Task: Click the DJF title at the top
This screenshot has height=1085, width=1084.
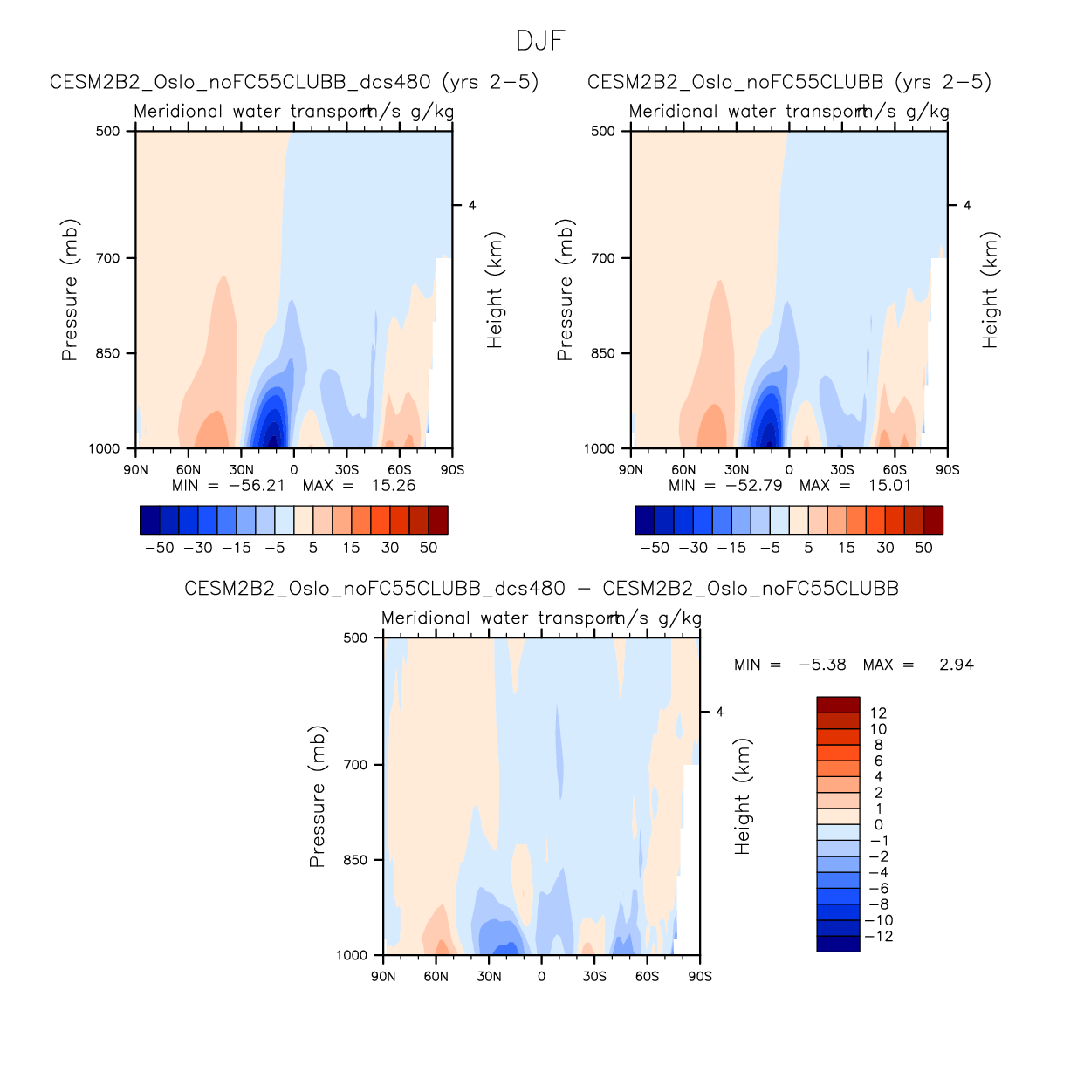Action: pyautogui.click(x=541, y=41)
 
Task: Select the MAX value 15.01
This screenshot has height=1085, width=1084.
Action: pyautogui.click(x=889, y=486)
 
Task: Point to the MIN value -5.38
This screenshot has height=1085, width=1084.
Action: pyautogui.click(x=822, y=665)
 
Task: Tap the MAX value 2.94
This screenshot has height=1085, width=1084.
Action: pyautogui.click(x=956, y=665)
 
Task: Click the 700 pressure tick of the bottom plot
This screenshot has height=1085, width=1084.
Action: pyautogui.click(x=356, y=765)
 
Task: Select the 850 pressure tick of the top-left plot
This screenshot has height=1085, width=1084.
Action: pyautogui.click(x=108, y=353)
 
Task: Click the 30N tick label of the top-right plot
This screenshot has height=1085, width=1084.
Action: pyautogui.click(x=736, y=470)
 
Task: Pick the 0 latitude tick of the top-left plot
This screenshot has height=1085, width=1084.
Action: pyautogui.click(x=294, y=470)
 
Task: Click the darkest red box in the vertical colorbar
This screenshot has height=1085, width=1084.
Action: pyautogui.click(x=838, y=705)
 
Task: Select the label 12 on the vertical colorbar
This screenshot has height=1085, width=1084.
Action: pyautogui.click(x=878, y=713)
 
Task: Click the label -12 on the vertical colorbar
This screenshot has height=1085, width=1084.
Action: pyautogui.click(x=878, y=937)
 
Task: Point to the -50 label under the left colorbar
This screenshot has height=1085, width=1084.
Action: pyautogui.click(x=159, y=548)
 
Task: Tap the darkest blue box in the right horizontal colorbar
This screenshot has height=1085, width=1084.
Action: pyautogui.click(x=645, y=520)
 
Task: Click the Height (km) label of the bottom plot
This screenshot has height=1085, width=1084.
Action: pyautogui.click(x=743, y=797)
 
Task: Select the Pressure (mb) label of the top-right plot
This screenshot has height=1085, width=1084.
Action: pyautogui.click(x=565, y=290)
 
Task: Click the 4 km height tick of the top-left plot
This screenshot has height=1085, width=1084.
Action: pyautogui.click(x=472, y=206)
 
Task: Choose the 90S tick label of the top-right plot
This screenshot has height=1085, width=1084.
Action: pyautogui.click(x=947, y=470)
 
